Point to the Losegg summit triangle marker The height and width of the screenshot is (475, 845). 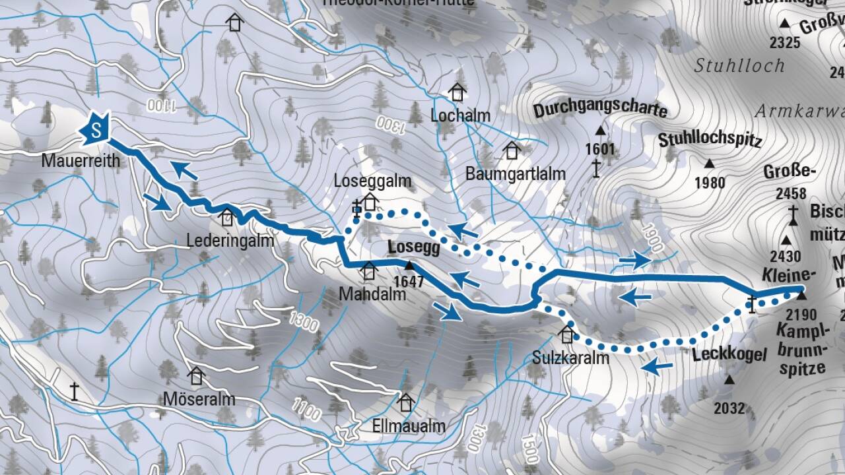click(x=409, y=266)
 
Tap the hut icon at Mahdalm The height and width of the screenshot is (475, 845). click(x=369, y=270)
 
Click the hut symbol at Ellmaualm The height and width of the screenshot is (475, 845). click(x=406, y=402)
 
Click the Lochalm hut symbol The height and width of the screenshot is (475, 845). click(x=457, y=92)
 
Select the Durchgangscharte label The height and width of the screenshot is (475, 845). click(x=600, y=109)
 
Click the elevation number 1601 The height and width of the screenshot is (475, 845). click(x=599, y=149)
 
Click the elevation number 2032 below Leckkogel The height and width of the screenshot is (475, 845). click(x=729, y=408)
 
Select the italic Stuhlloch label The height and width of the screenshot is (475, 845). click(x=739, y=65)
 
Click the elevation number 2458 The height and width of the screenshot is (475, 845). click(x=792, y=194)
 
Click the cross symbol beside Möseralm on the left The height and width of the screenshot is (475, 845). click(x=75, y=391)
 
